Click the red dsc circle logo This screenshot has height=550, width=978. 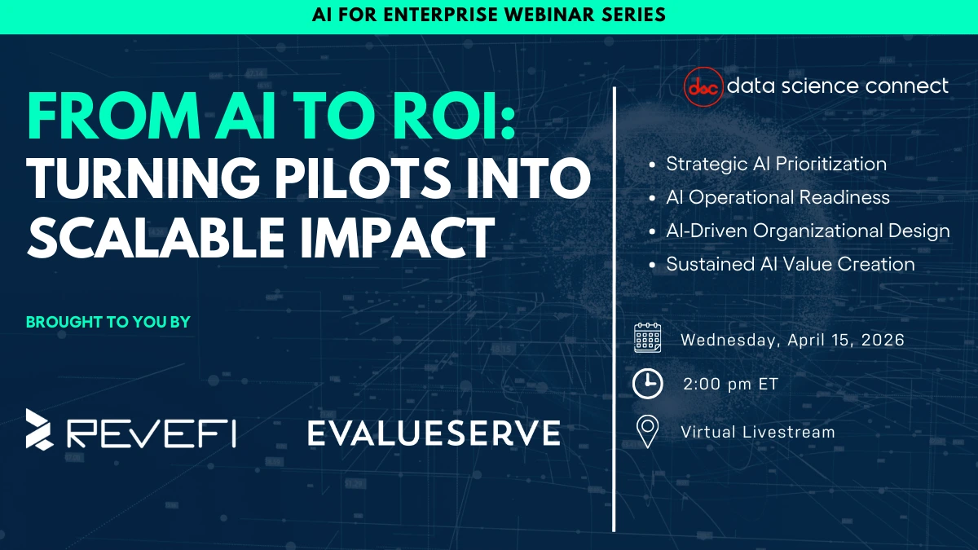click(x=703, y=87)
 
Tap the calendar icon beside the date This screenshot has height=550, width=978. click(x=647, y=337)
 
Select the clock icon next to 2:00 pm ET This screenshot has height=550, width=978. click(x=647, y=384)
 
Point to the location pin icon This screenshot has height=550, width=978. click(x=647, y=431)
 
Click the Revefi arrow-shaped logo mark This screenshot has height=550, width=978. click(x=39, y=429)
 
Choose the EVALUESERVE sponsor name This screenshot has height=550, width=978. click(x=434, y=433)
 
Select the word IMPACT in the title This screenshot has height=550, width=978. click(x=398, y=238)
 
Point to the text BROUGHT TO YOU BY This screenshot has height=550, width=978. click(x=108, y=322)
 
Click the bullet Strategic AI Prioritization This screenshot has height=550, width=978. click(x=776, y=164)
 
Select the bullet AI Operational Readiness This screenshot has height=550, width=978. click(x=778, y=197)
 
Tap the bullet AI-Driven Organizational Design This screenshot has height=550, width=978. click(x=808, y=231)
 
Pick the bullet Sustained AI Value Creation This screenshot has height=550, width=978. click(x=791, y=264)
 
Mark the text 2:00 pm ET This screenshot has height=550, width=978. click(x=730, y=384)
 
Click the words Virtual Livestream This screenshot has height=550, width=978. click(x=758, y=432)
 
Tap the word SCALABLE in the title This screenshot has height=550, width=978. click(x=156, y=238)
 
